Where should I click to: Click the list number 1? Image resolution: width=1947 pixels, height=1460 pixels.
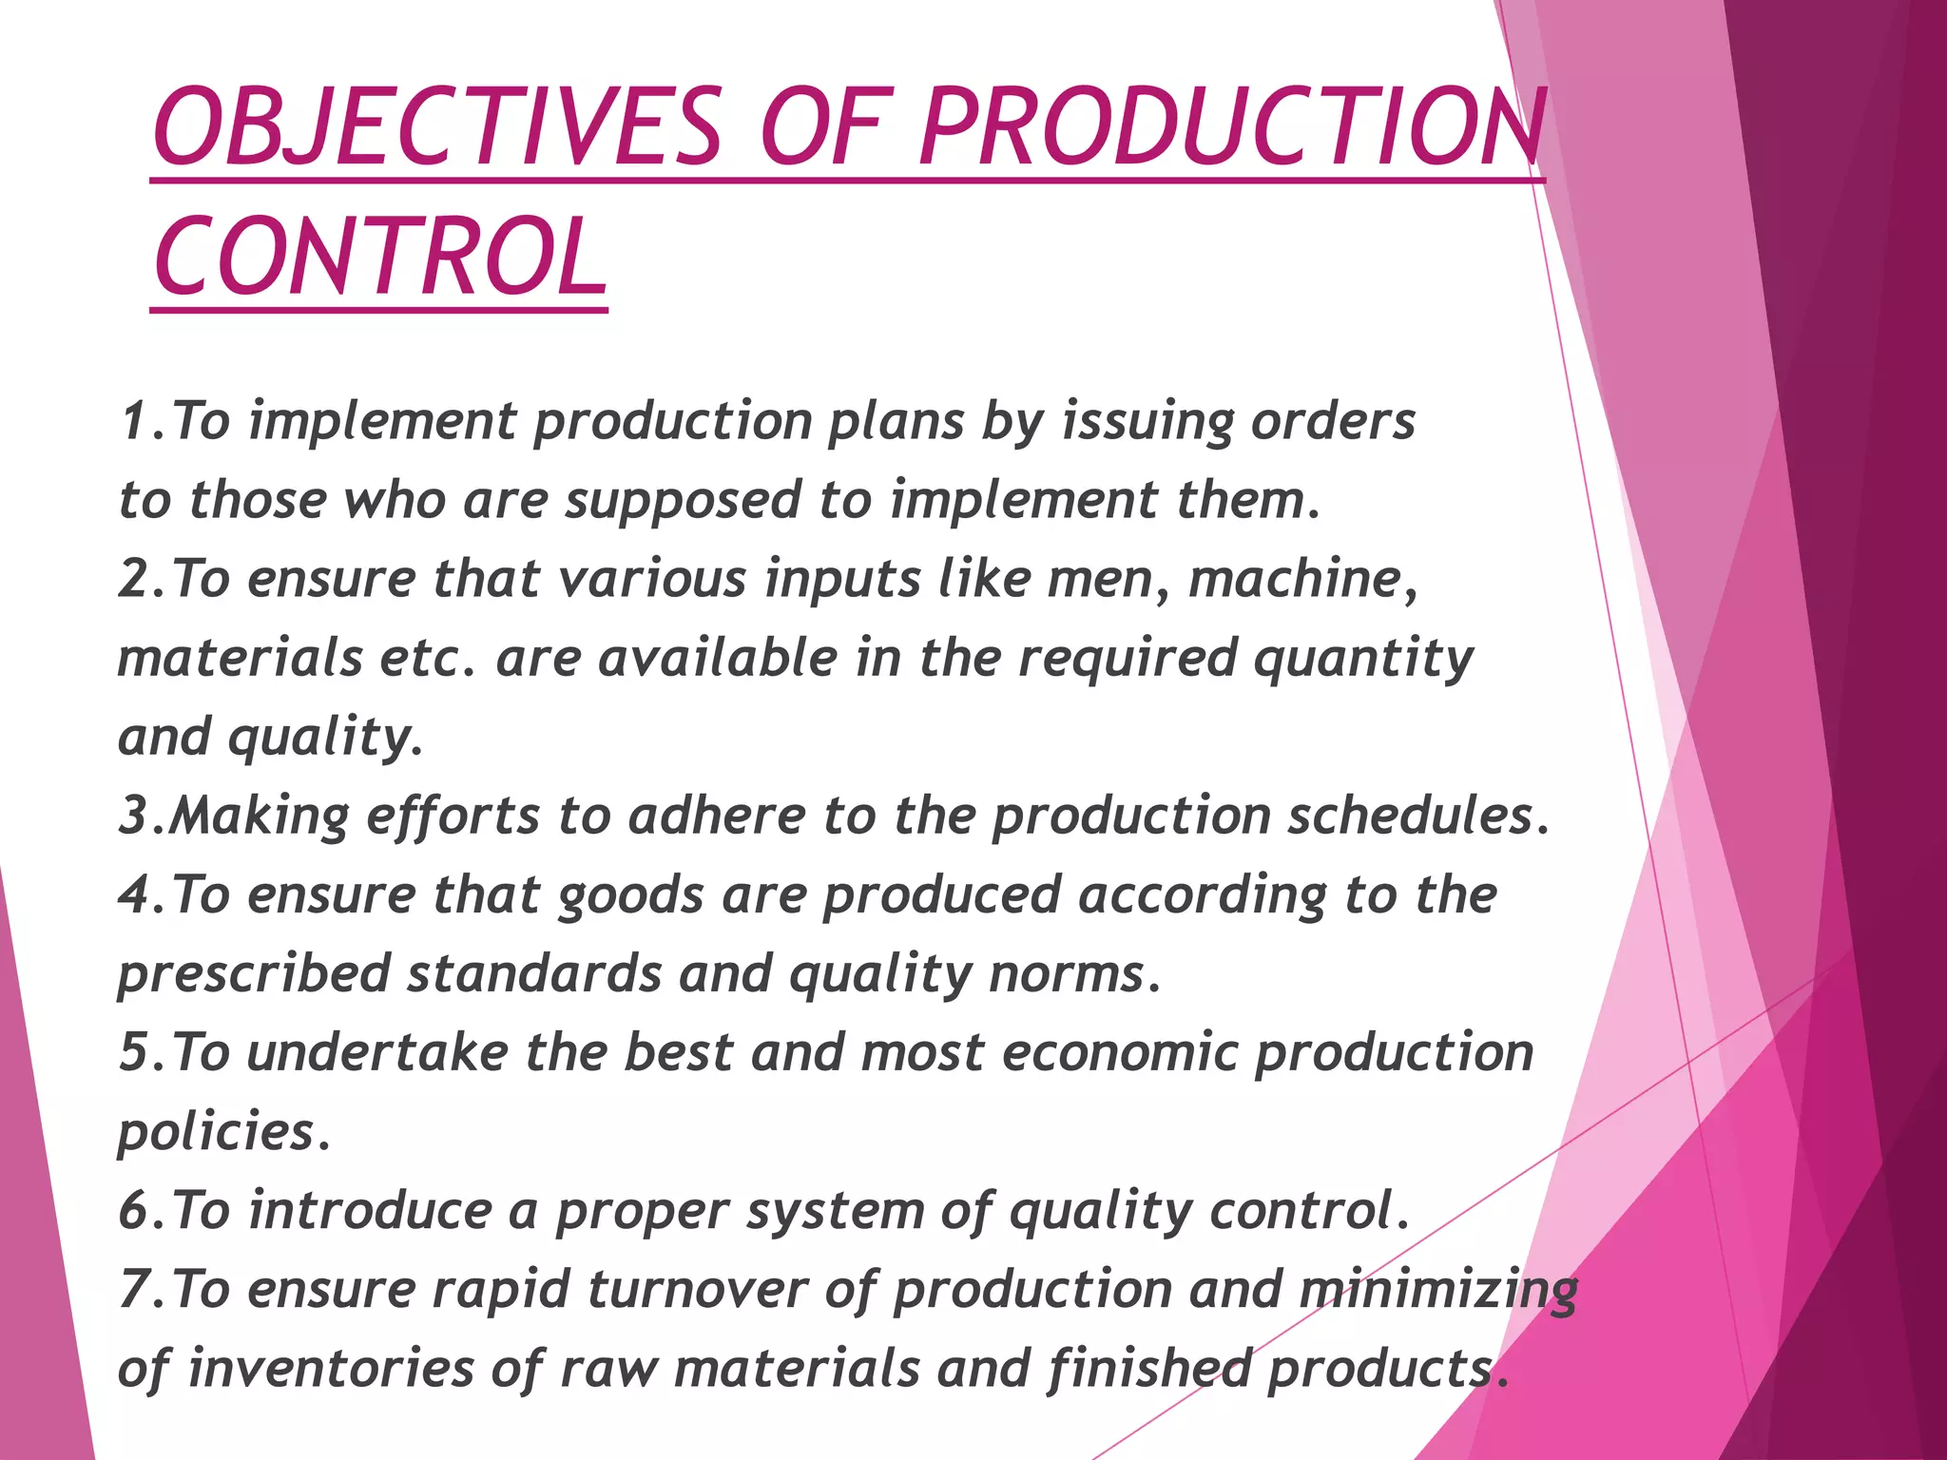click(134, 421)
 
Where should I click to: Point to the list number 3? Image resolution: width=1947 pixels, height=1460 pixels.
click(134, 816)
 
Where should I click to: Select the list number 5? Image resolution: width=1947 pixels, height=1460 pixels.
click(134, 1053)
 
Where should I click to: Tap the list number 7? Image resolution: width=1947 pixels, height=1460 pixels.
click(134, 1290)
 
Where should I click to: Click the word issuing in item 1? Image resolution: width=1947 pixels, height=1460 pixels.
click(1145, 421)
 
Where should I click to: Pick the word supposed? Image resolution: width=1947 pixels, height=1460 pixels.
click(684, 501)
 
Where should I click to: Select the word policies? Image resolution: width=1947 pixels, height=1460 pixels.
click(217, 1132)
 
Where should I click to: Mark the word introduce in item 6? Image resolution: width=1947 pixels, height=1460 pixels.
click(371, 1211)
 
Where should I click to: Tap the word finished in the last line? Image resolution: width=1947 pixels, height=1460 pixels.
click(1150, 1369)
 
